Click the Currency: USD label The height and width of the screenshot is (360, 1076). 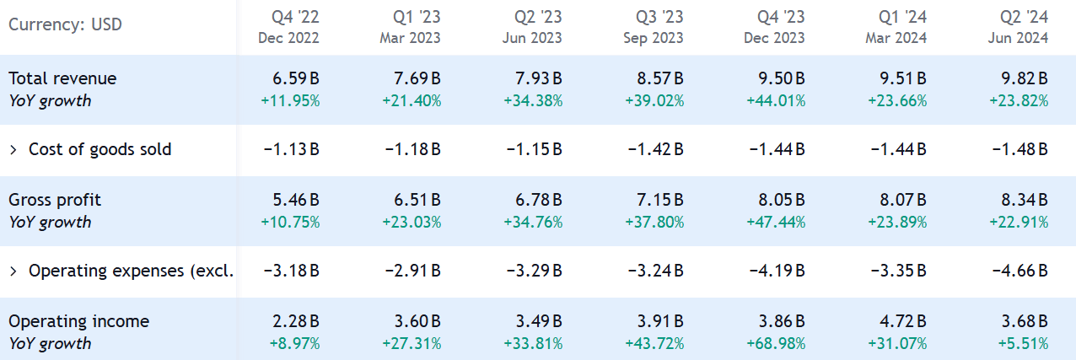point(65,24)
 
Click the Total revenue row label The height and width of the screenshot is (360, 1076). point(62,78)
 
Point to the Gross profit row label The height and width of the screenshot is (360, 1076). point(55,200)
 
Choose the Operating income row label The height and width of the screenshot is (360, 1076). point(78,321)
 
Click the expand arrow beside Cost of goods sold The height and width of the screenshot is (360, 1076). point(13,150)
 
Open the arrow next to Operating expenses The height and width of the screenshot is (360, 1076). point(13,271)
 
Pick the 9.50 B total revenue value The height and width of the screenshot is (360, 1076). point(777,78)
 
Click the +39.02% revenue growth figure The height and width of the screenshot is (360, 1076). point(654,101)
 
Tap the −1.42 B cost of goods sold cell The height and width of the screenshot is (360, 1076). point(655,150)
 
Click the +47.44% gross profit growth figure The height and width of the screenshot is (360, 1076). point(776,223)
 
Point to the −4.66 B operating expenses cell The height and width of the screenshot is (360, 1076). point(1020,271)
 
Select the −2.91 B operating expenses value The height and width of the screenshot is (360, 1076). point(412,271)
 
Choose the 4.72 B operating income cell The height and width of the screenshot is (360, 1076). point(898,321)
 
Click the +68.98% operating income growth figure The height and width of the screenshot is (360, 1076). point(776,344)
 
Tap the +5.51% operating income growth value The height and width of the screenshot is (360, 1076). point(1022,344)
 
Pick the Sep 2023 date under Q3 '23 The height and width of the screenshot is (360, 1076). point(654,38)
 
